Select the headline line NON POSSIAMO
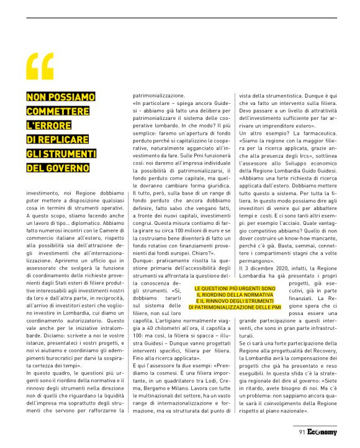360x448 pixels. pyautogui.click(x=60, y=97)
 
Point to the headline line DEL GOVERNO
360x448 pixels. pyautogui.click(x=58, y=168)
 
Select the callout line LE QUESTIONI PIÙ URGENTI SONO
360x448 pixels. pyautogui.click(x=235, y=289)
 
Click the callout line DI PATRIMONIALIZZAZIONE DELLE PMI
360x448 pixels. pyautogui.click(x=235, y=308)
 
